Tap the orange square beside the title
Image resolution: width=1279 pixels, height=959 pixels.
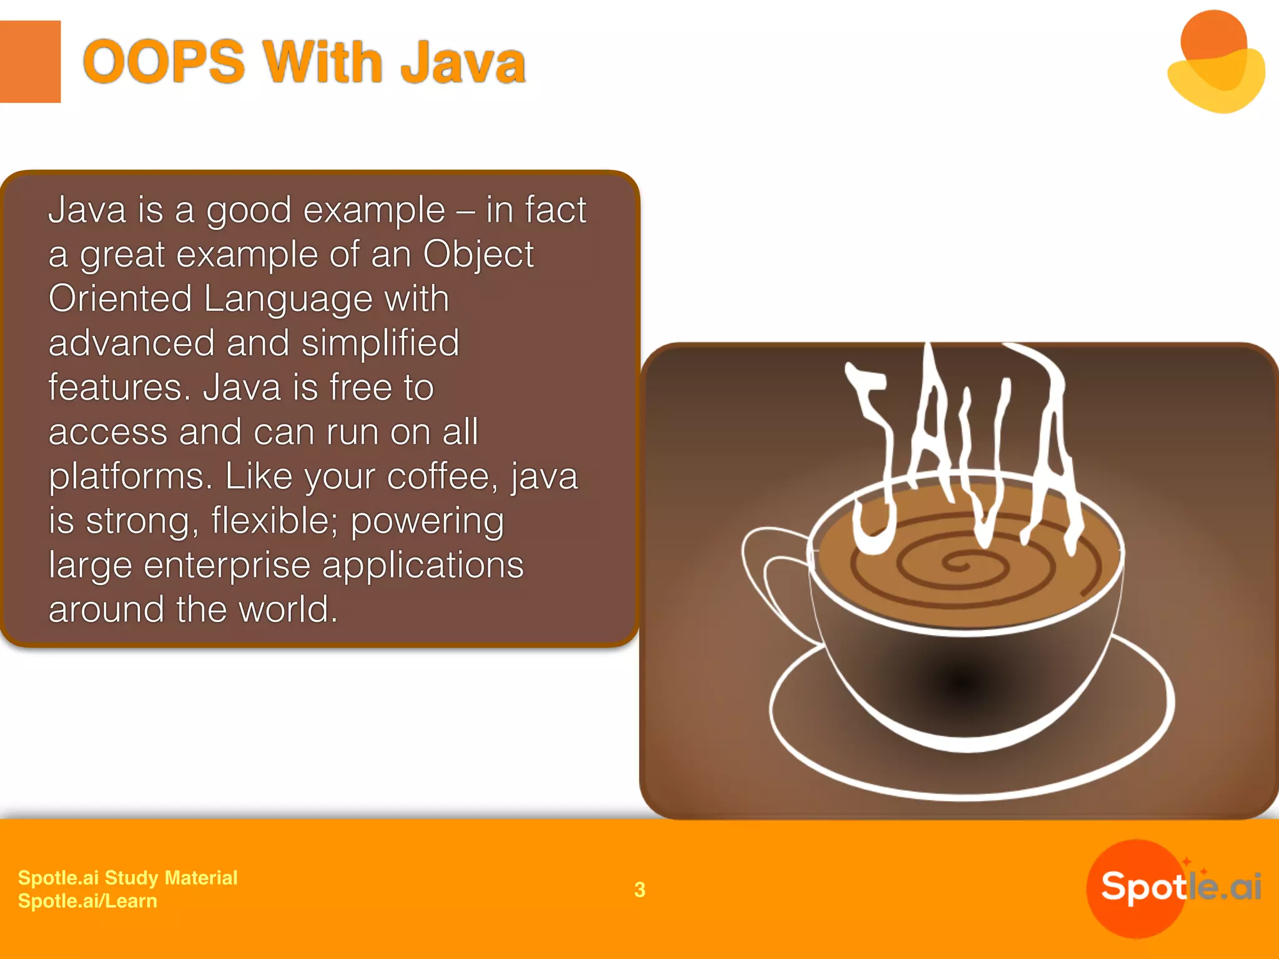(29, 61)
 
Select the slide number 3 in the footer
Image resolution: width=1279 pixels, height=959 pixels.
(639, 890)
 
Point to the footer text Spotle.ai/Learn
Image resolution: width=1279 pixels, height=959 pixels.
(87, 901)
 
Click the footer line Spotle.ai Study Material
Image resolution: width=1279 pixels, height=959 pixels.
(127, 877)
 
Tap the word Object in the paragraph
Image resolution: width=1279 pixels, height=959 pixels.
(478, 255)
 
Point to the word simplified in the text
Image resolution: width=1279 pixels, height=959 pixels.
(380, 343)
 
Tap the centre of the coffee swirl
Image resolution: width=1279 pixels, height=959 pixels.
(956, 565)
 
